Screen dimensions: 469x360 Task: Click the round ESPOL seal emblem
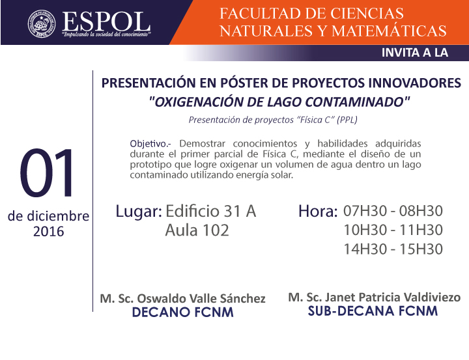click(42, 23)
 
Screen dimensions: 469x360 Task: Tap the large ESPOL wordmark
click(106, 21)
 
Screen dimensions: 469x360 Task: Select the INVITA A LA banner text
click(414, 53)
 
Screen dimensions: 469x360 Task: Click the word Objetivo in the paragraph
click(147, 144)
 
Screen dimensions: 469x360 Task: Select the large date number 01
click(47, 173)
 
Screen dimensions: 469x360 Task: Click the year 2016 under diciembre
click(48, 232)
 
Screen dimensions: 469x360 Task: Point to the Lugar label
click(139, 212)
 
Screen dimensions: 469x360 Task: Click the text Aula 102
click(197, 230)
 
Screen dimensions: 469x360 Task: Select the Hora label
click(318, 211)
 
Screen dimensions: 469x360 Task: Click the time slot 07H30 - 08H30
click(393, 211)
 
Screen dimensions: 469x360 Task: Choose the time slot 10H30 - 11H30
click(393, 230)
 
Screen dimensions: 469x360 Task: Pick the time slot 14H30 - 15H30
click(393, 249)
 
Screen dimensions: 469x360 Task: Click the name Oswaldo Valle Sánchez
click(201, 298)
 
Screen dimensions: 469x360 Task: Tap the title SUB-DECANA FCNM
click(373, 311)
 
